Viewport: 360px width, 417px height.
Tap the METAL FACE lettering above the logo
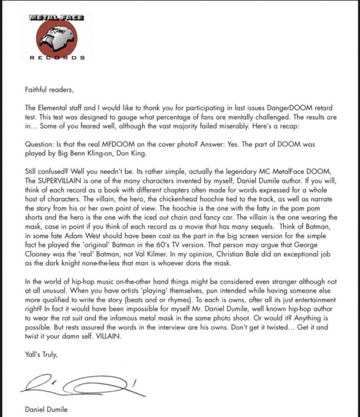[x=56, y=18]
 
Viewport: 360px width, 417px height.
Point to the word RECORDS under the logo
[x=57, y=58]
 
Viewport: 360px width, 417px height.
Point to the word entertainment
[x=315, y=300]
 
